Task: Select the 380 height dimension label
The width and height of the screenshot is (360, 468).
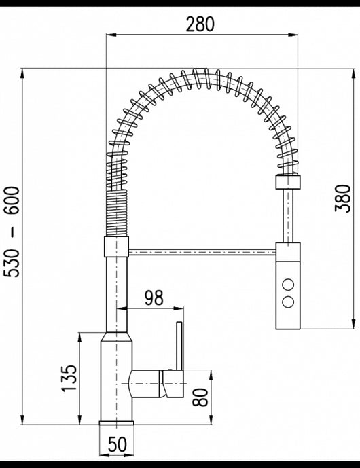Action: pos(343,198)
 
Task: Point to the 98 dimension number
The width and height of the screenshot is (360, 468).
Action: pos(154,298)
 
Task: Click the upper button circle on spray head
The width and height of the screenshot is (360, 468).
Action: pos(288,284)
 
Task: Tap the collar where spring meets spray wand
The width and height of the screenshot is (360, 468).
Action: pos(287,181)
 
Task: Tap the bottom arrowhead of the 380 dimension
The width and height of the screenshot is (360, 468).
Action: pos(353,327)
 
